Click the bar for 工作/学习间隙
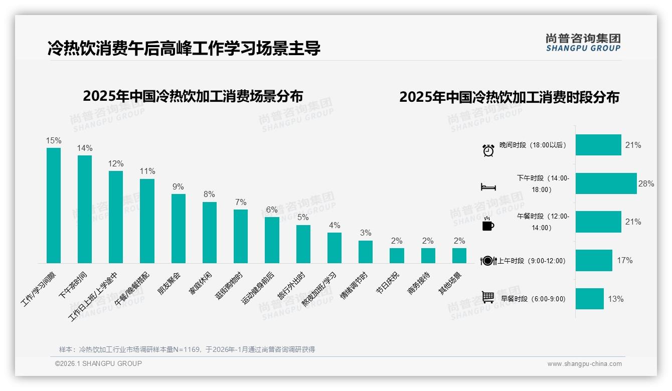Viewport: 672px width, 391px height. click(x=54, y=206)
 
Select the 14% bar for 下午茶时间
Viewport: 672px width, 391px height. click(x=85, y=209)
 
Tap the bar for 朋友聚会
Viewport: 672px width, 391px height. click(x=179, y=229)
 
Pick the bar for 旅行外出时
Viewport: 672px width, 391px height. click(x=303, y=244)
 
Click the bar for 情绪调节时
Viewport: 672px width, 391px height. click(x=365, y=252)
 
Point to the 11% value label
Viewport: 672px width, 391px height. click(x=147, y=171)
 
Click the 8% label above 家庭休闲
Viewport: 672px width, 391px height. click(x=209, y=194)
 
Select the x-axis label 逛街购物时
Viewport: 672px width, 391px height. click(x=230, y=286)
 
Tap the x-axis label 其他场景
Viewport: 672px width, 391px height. click(x=450, y=284)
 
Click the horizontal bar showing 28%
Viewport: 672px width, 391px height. click(x=606, y=183)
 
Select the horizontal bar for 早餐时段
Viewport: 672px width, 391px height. click(x=589, y=299)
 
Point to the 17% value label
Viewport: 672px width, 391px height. click(x=625, y=260)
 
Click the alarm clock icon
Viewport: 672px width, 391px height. click(x=488, y=150)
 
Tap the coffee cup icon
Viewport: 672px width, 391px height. click(x=488, y=225)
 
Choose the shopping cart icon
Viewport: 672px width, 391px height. click(x=488, y=297)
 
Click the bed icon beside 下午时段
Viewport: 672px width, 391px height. click(x=488, y=187)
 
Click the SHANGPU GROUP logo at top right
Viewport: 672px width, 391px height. click(x=583, y=43)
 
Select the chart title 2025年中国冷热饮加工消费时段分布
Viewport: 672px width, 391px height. click(x=509, y=97)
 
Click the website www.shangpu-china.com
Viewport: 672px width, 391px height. click(x=584, y=364)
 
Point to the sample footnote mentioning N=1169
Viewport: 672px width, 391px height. click(x=187, y=349)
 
